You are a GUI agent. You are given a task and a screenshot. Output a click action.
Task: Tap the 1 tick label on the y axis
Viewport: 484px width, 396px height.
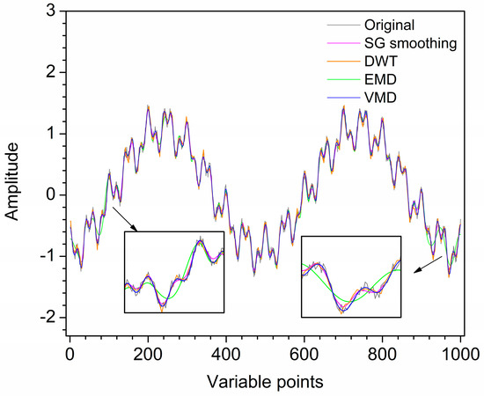(50, 133)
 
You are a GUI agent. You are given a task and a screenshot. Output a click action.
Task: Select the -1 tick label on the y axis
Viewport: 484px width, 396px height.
(47, 255)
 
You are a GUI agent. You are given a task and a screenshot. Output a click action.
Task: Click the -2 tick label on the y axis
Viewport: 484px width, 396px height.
(47, 316)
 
